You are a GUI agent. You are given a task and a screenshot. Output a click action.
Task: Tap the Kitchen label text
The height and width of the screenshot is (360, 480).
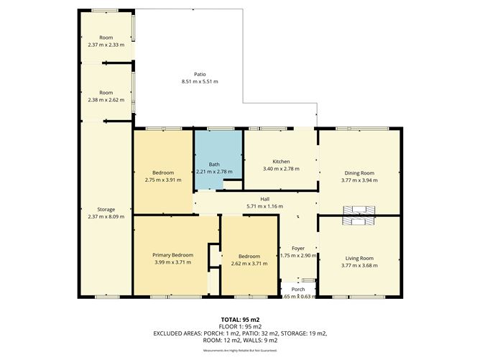point(280,161)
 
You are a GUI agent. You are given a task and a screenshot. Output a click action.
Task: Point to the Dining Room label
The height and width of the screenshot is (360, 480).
point(360,172)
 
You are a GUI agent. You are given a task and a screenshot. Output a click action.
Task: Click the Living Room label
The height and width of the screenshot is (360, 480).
point(360,258)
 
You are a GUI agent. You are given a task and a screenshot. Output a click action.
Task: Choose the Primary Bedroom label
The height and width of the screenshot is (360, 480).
point(173,255)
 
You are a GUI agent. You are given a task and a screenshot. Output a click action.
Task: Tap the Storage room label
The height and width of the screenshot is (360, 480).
point(106,209)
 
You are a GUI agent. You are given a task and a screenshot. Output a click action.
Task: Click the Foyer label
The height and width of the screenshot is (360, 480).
point(297,249)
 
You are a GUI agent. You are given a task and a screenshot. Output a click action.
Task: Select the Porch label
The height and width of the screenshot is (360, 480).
point(297,289)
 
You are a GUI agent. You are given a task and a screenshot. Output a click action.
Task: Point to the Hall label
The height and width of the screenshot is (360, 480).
point(255,200)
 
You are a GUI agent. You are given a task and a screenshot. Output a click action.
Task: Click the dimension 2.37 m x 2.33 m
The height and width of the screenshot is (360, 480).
point(106,45)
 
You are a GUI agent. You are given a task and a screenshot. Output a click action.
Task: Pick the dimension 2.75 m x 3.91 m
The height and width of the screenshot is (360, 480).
point(162,180)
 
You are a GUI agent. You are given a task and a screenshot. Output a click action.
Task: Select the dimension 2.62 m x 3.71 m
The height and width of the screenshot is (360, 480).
point(249,264)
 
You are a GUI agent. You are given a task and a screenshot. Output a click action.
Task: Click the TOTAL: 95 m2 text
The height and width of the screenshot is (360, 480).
point(239,318)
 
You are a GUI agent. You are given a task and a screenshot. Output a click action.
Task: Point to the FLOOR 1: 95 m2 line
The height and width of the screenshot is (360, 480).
point(239,326)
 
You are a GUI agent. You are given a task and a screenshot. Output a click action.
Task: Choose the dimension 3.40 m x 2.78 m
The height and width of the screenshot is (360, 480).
point(280,169)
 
